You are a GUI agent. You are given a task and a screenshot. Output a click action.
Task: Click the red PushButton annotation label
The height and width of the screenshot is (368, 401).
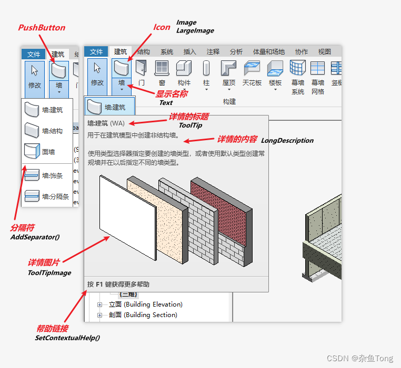(42, 27)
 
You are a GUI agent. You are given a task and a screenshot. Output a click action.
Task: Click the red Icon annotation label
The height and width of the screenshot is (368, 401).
(162, 27)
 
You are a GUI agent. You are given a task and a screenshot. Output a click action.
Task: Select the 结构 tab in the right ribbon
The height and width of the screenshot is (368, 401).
(144, 51)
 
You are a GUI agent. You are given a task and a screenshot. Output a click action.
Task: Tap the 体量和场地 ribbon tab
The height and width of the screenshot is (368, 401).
(268, 51)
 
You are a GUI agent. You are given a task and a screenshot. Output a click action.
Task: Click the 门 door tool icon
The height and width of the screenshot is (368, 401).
(141, 68)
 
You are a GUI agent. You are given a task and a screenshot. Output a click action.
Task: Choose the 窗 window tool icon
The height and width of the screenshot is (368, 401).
(162, 68)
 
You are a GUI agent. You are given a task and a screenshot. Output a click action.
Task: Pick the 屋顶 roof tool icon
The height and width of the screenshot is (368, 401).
(228, 68)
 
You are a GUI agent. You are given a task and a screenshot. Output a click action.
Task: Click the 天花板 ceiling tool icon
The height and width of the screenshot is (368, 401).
(252, 68)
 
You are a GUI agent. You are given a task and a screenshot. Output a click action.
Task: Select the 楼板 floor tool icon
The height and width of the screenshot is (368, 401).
(275, 68)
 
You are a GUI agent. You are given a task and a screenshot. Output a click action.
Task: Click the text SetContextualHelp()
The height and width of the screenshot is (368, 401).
(67, 338)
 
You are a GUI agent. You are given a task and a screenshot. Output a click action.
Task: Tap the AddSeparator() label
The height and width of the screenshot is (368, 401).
(35, 237)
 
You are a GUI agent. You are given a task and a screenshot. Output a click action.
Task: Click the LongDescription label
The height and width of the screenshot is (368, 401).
(287, 141)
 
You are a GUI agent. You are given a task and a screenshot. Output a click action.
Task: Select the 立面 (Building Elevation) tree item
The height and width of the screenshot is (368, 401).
(145, 304)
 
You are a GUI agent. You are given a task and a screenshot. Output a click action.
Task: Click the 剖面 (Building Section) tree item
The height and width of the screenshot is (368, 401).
(143, 315)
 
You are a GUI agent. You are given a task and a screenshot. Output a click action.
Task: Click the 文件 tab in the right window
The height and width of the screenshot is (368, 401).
(96, 51)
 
